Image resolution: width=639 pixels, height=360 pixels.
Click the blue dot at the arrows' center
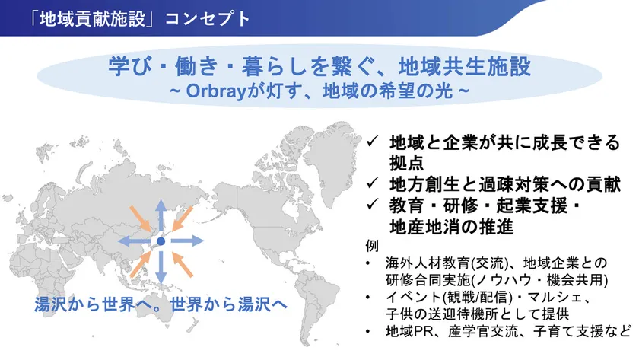[x=161, y=241]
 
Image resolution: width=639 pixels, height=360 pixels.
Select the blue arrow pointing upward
[x=161, y=215]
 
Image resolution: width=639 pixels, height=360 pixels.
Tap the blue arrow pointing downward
[x=161, y=268]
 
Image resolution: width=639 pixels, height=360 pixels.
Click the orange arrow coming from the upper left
[x=138, y=218]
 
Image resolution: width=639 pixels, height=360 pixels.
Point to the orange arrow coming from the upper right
[x=183, y=218]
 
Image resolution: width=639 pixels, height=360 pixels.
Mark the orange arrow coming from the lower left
[x=138, y=264]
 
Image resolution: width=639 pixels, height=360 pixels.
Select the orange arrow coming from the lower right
[x=183, y=264]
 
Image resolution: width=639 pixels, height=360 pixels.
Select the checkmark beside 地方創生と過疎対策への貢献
[x=371, y=184]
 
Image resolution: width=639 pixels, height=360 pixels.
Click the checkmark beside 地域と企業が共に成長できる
[x=371, y=142]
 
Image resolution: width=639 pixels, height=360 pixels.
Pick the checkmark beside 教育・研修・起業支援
[x=371, y=205]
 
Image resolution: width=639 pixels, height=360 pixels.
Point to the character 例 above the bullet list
[x=370, y=247]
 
